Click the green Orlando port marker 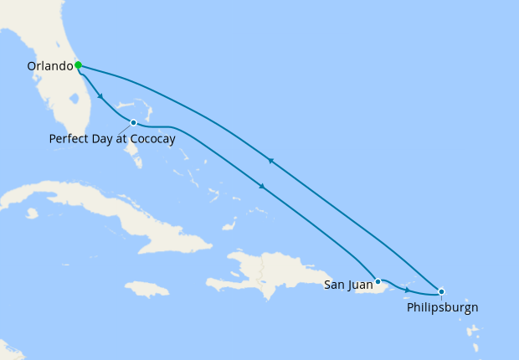click(78, 64)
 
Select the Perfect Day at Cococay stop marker click(133, 123)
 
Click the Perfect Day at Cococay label click(112, 139)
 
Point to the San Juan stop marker click(378, 281)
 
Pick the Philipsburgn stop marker click(441, 291)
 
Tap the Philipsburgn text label click(442, 307)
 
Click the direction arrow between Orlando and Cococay click(100, 96)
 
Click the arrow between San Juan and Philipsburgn click(408, 290)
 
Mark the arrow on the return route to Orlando click(270, 160)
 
